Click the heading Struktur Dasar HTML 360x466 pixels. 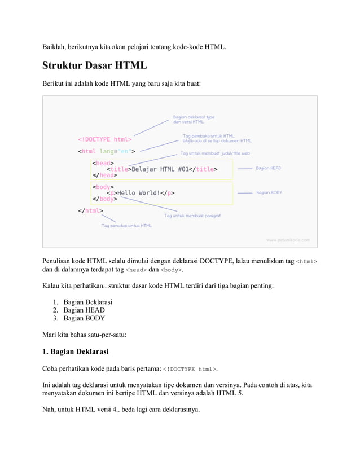coord(94,66)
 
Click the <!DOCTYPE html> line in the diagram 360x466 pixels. coord(105,139)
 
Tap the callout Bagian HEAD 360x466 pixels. coord(268,168)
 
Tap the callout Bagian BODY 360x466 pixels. coord(269,193)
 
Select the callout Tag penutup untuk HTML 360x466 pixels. coord(126,226)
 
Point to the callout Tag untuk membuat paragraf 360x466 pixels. coord(192,216)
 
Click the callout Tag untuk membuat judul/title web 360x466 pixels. coord(215,153)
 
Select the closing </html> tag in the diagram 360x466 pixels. coord(90,211)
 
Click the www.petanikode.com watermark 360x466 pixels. coord(288,240)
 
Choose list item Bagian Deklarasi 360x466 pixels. coord(87,301)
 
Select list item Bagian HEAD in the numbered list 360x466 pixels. coord(84,310)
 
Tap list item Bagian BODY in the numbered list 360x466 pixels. coord(84,318)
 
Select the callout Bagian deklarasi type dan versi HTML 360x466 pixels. coord(194,120)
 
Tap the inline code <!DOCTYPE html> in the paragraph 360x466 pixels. coord(189,370)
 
